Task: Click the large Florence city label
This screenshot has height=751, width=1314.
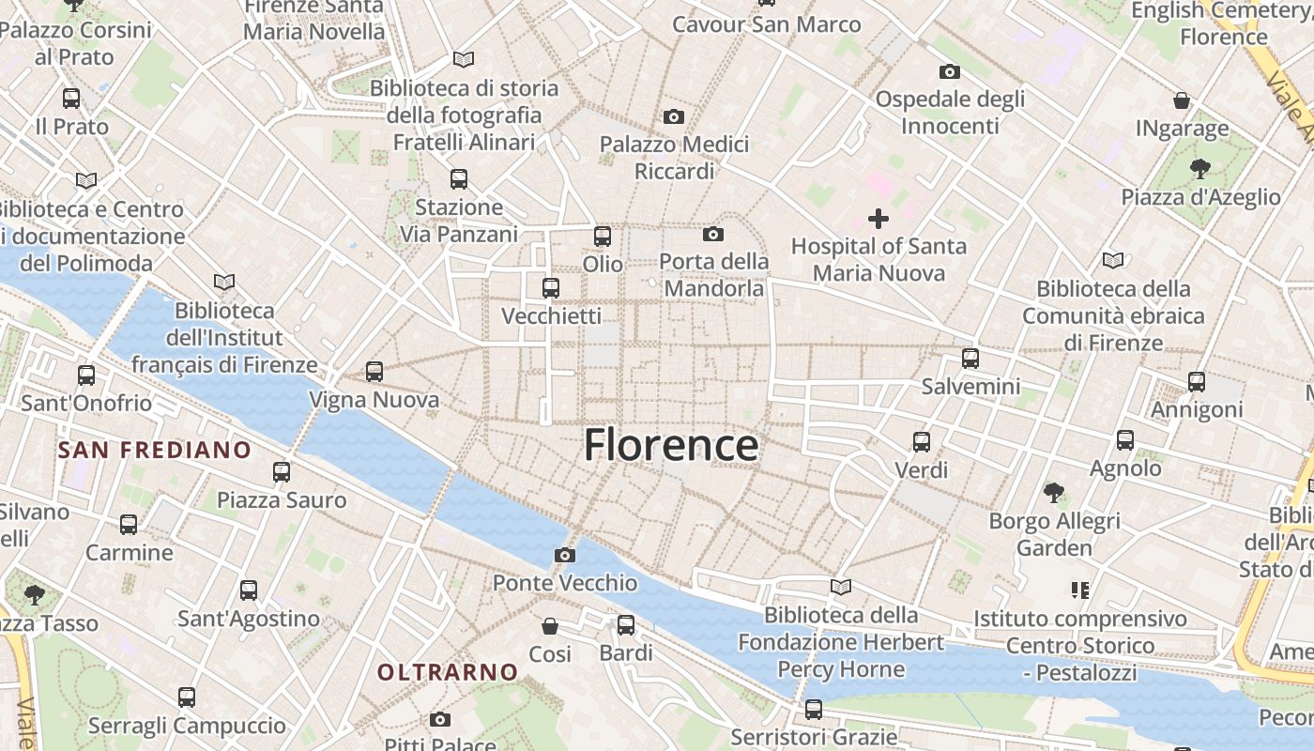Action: coord(671,445)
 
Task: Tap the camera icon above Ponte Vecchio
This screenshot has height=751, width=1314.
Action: coord(564,555)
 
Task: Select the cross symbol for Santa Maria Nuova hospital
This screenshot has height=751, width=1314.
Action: coord(879,219)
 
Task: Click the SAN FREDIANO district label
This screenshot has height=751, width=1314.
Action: coord(155,451)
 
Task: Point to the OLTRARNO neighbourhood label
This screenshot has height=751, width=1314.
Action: coord(448,672)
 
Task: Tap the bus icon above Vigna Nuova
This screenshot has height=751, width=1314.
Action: coord(374,372)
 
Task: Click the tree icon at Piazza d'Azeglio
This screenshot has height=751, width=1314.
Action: coord(1199,169)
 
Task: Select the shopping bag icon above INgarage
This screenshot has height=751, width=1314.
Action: coord(1182,100)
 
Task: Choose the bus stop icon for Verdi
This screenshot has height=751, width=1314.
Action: coord(922,441)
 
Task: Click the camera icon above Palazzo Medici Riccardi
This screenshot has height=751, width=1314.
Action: coord(673,117)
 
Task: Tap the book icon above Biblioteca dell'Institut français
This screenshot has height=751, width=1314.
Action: coord(224,282)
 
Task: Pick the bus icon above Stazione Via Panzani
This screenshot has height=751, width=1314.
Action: coord(459,178)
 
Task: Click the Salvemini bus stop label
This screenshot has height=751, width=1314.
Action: coord(970,386)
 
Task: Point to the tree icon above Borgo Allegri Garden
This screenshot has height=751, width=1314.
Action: coord(1054,492)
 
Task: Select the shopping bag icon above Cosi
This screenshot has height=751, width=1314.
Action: coord(550,625)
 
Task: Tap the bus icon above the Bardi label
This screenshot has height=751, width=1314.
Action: coord(626,624)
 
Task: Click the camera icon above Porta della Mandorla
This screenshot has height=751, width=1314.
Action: coord(713,234)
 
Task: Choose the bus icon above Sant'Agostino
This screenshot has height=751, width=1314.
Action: coord(249,590)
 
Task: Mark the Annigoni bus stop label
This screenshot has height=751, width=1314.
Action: coord(1197,409)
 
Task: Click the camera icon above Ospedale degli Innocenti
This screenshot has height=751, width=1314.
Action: coord(949,71)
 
